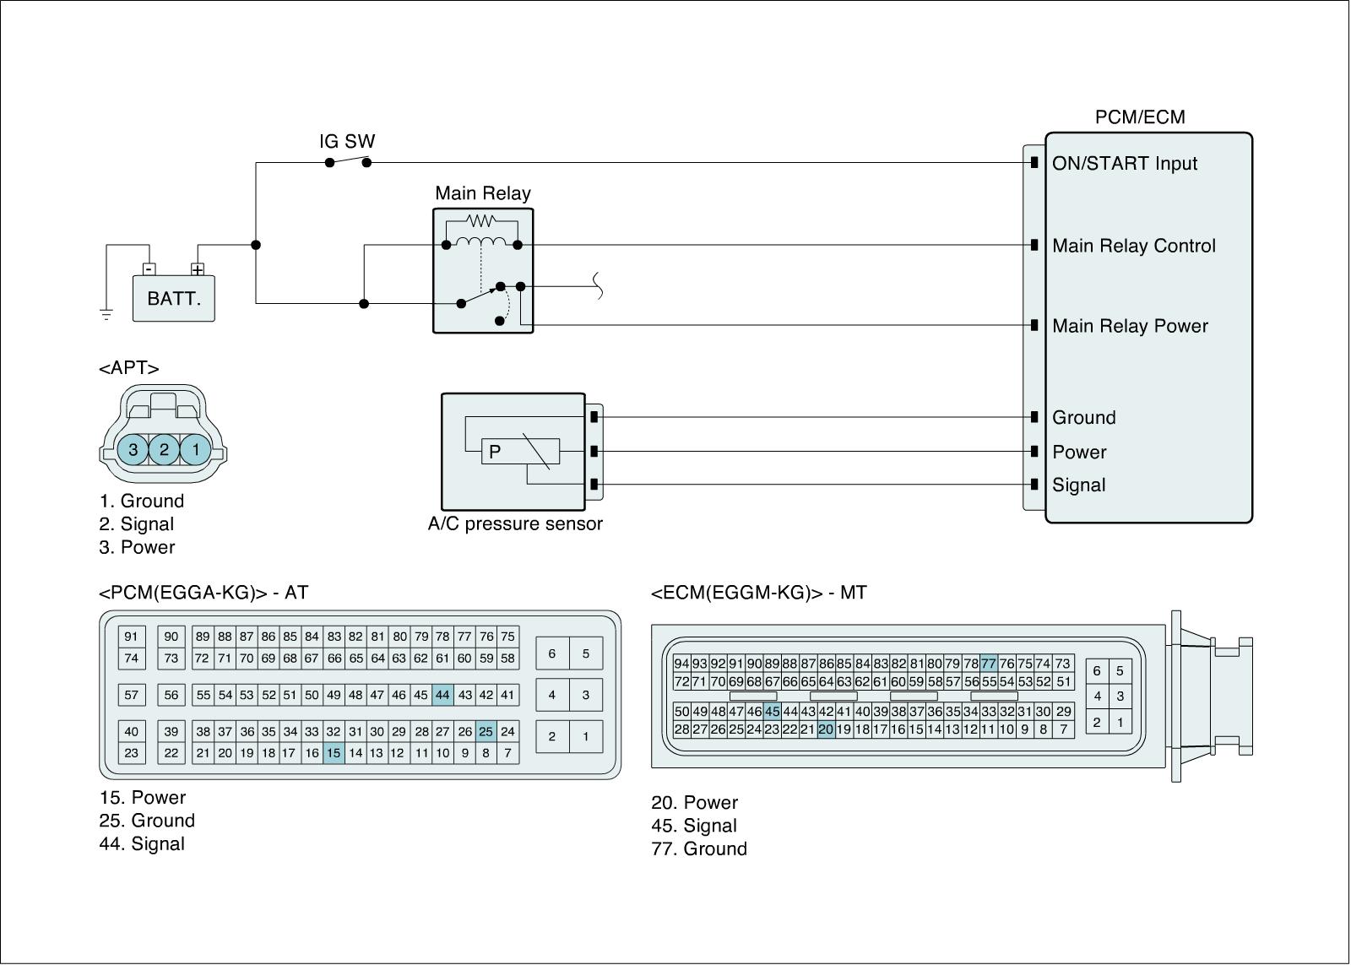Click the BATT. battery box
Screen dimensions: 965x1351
pos(174,299)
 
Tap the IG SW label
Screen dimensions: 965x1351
pos(347,141)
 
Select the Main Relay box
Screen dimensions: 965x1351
pos(483,270)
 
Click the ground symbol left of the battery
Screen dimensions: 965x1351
pos(106,315)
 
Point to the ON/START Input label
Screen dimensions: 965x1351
pos(1124,164)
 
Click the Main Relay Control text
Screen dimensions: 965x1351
pos(1133,246)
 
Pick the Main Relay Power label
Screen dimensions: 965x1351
pos(1130,326)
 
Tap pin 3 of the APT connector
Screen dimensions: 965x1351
pos(133,450)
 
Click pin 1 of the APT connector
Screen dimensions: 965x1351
pos(196,450)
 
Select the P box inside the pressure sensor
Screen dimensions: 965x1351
pos(495,452)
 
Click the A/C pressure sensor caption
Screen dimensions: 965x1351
pos(515,523)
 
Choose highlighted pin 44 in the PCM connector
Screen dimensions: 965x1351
pos(442,696)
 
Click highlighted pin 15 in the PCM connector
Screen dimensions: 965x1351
pos(334,753)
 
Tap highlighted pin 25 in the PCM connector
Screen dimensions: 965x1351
pos(486,731)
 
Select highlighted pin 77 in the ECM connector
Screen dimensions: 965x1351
pos(989,664)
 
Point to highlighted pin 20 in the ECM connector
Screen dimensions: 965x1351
pos(826,729)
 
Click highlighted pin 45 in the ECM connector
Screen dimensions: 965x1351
pos(772,712)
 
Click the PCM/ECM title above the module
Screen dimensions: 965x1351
pos(1140,117)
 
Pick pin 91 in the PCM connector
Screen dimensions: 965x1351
pos(131,637)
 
